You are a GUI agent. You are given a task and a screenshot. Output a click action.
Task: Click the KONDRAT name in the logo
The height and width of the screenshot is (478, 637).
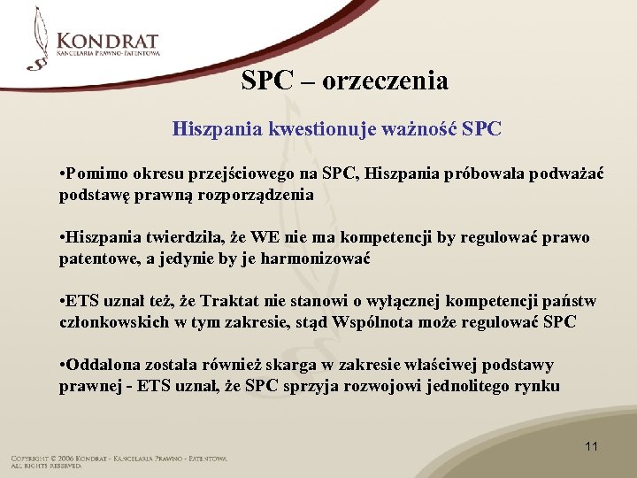tap(107, 40)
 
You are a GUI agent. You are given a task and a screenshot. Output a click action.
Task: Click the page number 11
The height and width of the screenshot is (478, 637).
tap(591, 446)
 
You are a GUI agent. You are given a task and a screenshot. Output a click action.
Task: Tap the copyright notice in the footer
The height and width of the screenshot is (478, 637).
tap(119, 461)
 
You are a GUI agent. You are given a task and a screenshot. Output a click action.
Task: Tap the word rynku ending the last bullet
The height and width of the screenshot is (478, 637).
tap(536, 386)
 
